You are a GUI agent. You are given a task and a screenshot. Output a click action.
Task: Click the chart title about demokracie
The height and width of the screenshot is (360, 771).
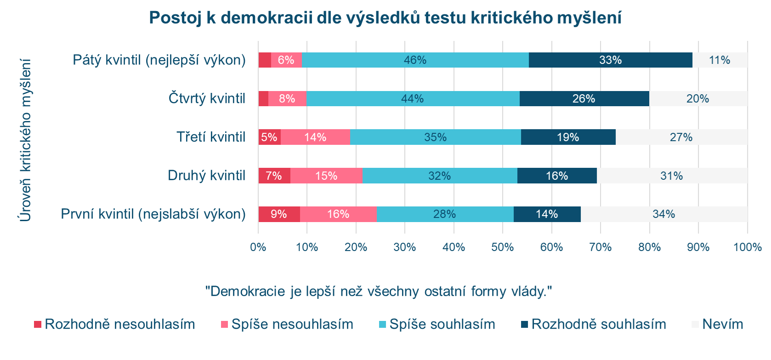[x=385, y=18]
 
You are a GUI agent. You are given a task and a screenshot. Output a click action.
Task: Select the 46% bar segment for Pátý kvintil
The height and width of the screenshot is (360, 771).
[x=415, y=60]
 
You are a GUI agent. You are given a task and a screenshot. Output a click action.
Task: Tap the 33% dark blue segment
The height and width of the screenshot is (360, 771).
[x=610, y=60]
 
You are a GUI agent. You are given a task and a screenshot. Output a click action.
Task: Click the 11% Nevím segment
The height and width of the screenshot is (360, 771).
[x=720, y=60]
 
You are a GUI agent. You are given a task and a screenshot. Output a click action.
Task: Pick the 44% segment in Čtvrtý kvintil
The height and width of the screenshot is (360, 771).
[x=413, y=99]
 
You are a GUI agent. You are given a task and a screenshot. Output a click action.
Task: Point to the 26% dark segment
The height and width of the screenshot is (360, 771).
[x=584, y=99]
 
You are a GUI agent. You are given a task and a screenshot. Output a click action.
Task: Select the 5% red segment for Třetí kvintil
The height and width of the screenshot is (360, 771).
[x=269, y=137]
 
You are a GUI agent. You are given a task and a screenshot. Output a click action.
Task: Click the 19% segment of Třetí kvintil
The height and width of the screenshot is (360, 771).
[x=568, y=137]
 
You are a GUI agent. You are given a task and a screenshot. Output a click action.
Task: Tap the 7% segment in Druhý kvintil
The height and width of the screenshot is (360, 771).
[x=274, y=176]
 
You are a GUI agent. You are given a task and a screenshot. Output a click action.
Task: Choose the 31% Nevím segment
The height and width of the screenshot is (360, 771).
[x=672, y=176]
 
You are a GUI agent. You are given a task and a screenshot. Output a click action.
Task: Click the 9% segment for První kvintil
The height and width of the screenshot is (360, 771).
[x=279, y=214]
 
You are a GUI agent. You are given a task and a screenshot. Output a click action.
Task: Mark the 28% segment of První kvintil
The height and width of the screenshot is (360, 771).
[x=445, y=214]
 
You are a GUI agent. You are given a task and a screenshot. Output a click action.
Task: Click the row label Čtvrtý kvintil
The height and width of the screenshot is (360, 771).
[x=207, y=98]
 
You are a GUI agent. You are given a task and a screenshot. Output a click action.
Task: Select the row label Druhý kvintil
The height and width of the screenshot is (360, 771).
[x=206, y=176]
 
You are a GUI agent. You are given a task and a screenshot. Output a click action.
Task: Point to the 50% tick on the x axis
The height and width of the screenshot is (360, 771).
[x=503, y=247]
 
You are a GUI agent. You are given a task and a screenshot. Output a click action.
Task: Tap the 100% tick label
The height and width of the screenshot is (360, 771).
[x=747, y=247]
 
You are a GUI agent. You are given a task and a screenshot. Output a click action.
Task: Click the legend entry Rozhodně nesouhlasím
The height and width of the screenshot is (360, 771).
[x=115, y=324]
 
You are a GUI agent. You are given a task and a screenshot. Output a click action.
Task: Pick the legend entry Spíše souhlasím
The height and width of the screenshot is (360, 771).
[x=437, y=324]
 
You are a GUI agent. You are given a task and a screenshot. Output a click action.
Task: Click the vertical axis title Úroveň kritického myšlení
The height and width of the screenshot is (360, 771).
[x=26, y=140]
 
